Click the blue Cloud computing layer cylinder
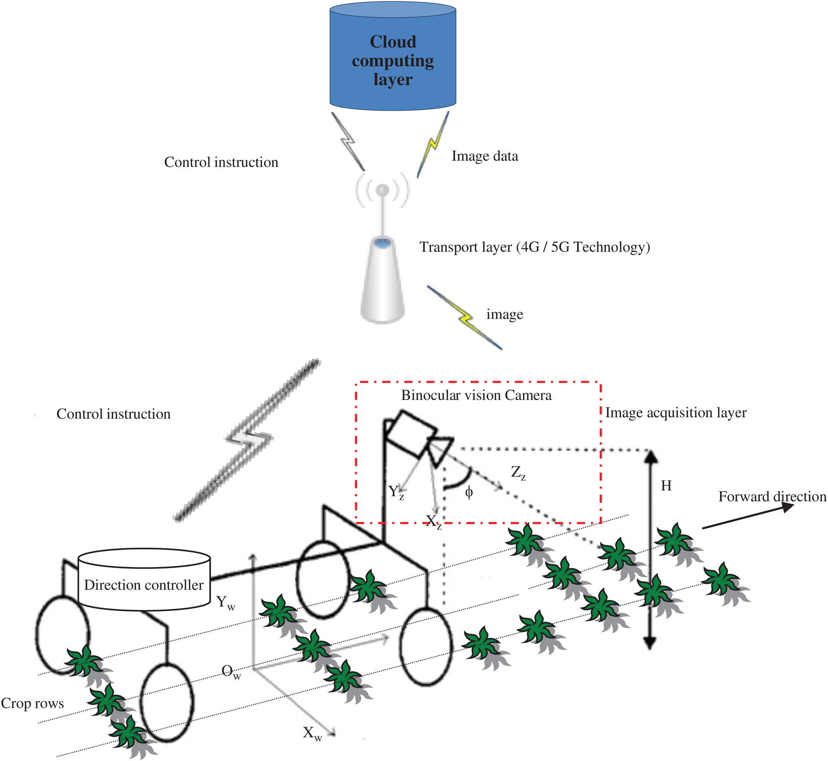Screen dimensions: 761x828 coord(392,59)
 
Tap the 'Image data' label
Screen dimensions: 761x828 coord(484,156)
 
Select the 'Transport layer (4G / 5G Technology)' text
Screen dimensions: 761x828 coord(534,247)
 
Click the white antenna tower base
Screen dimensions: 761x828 coord(382,283)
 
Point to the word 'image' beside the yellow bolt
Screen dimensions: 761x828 coord(504,314)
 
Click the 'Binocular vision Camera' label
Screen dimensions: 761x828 coord(476,395)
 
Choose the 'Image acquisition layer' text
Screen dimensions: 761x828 coord(676,413)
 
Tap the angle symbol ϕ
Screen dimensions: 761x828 coord(469,493)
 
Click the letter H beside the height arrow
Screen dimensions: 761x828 coord(666,486)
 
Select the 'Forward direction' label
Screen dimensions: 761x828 coord(772,497)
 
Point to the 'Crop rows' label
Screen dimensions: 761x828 coord(32,703)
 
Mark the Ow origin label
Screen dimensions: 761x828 coord(231,672)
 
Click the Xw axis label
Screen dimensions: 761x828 coord(312,733)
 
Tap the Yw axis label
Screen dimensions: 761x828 coord(225,602)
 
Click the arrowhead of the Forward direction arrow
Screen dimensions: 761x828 coord(788,507)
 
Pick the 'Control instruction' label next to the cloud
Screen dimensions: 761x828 coord(221,162)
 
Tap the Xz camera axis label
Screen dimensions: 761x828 coord(433,522)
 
